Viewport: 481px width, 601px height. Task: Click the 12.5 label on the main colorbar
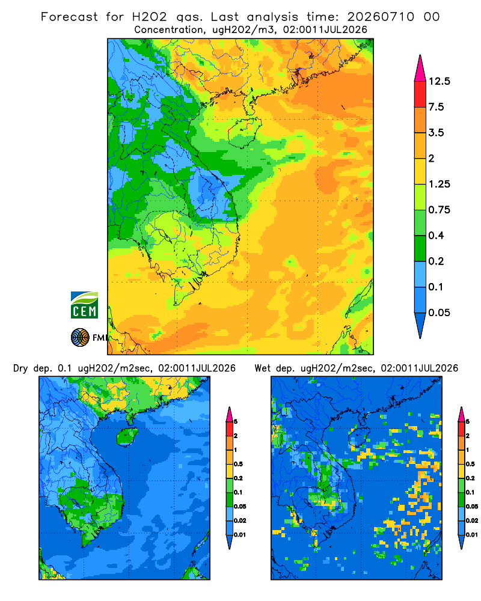pyautogui.click(x=439, y=81)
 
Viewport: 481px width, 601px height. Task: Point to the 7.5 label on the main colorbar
pyautogui.click(x=436, y=107)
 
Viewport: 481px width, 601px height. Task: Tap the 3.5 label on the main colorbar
pyautogui.click(x=436, y=133)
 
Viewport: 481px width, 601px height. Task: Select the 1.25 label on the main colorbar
pyautogui.click(x=439, y=184)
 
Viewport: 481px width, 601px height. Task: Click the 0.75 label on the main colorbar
pyautogui.click(x=439, y=210)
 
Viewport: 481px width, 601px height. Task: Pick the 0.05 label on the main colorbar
pyautogui.click(x=439, y=313)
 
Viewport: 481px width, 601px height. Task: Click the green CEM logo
pyautogui.click(x=84, y=305)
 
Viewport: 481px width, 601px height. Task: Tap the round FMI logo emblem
pyautogui.click(x=80, y=337)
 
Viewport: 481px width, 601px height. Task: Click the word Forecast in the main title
pyautogui.click(x=69, y=17)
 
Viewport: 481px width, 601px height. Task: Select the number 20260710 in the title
pyautogui.click(x=381, y=17)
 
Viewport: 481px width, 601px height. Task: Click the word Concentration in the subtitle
pyautogui.click(x=169, y=29)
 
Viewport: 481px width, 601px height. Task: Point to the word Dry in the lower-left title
pyautogui.click(x=20, y=368)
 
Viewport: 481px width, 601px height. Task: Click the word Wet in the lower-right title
pyautogui.click(x=262, y=368)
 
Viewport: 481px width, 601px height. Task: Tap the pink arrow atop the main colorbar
pyautogui.click(x=420, y=69)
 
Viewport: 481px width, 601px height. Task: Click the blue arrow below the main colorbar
pyautogui.click(x=420, y=325)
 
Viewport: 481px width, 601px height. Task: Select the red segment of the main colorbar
pyautogui.click(x=420, y=94)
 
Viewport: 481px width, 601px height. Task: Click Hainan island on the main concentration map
pyautogui.click(x=244, y=132)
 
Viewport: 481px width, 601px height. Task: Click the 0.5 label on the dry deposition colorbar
pyautogui.click(x=238, y=464)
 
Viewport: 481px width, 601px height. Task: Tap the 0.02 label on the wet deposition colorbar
pyautogui.click(x=472, y=520)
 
